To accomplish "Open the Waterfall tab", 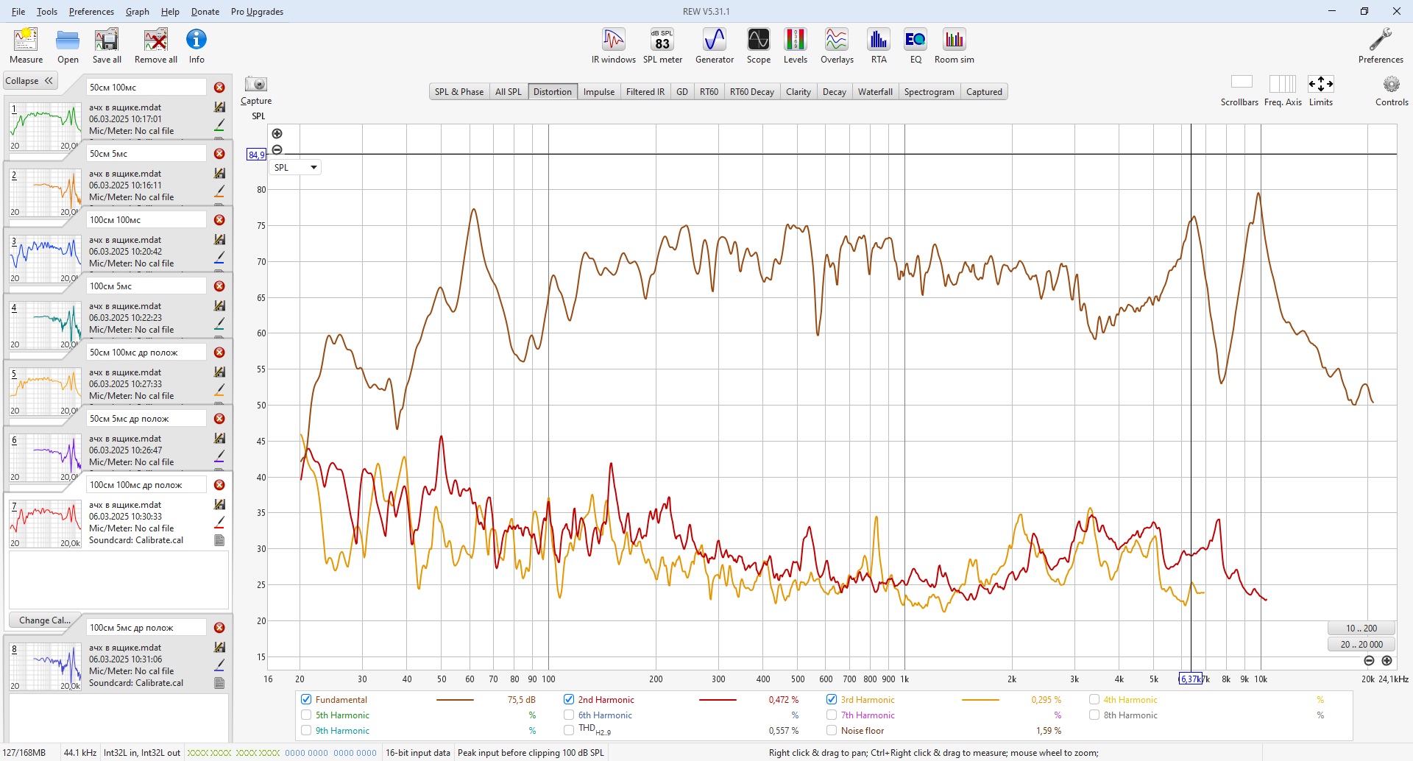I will click(x=875, y=92).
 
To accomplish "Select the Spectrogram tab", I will click(x=929, y=92).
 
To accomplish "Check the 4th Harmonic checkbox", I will click(x=1094, y=700).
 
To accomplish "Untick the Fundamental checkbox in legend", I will click(x=306, y=700).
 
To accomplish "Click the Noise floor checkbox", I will click(x=832, y=731).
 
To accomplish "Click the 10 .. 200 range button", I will click(x=1361, y=629).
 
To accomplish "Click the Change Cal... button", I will click(x=45, y=620).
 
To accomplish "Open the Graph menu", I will click(x=137, y=12).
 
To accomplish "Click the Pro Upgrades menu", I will click(x=257, y=12).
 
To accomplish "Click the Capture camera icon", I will click(x=256, y=85).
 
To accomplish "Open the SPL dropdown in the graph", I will click(x=295, y=168).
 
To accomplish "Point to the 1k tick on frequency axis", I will click(x=904, y=679).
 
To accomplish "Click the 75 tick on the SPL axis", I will click(x=261, y=226).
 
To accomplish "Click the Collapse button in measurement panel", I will click(x=29, y=81).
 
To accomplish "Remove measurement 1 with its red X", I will click(x=219, y=88).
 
